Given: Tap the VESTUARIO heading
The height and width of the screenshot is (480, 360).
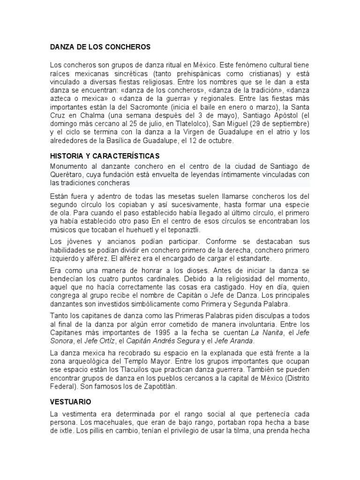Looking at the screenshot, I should [x=70, y=402].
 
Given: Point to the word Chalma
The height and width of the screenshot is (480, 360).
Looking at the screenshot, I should [x=93, y=115].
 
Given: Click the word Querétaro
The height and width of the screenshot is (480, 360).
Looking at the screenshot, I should [x=66, y=175].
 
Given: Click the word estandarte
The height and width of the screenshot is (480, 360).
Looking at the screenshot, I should [x=250, y=258].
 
